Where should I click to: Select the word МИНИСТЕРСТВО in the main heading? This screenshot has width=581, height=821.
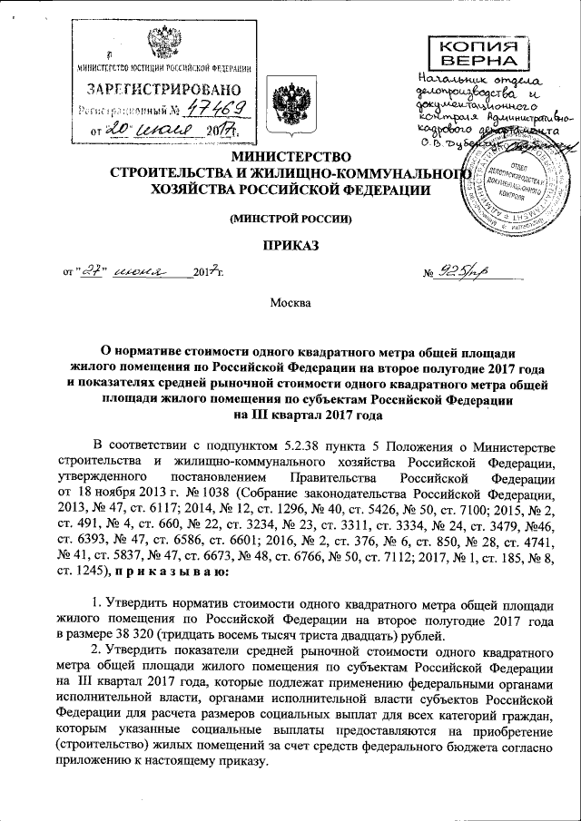click(x=284, y=157)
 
